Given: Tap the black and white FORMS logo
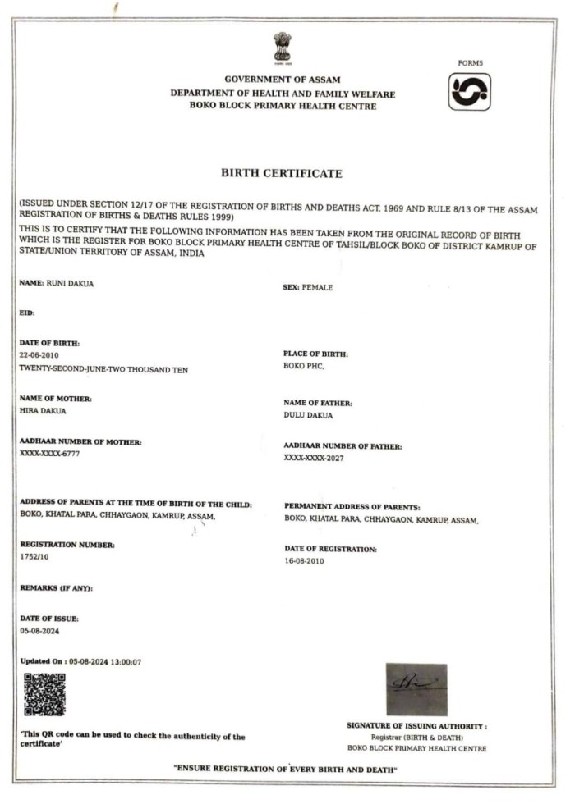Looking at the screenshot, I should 470,91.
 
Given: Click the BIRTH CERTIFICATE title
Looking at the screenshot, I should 282,174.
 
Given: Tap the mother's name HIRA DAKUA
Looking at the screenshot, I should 43,411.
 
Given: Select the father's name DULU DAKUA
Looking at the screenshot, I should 308,416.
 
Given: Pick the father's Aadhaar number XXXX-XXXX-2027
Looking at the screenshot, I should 314,459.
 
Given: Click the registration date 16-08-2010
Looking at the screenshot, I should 306,561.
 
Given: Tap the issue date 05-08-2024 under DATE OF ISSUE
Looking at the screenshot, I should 39,632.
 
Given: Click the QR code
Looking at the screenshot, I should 44,694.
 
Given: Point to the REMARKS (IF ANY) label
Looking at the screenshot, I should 56,588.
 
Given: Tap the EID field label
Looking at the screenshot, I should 27,313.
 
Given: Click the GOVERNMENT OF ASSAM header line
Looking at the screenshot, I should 282,79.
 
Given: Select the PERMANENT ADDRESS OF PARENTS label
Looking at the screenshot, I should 352,507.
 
